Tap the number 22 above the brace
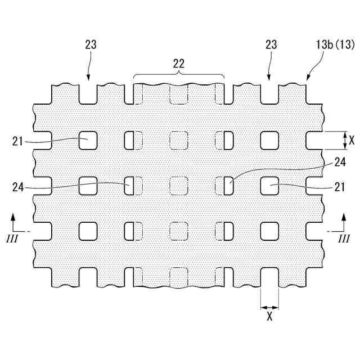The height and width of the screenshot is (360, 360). pyautogui.click(x=179, y=64)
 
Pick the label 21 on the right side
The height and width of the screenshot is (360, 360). pyautogui.click(x=340, y=187)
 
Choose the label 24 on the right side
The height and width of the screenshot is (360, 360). pyautogui.click(x=339, y=163)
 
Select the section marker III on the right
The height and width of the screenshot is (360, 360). pyautogui.click(x=344, y=239)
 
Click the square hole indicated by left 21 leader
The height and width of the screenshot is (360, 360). pyautogui.click(x=88, y=140)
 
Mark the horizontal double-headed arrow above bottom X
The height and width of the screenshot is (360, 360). pyautogui.click(x=269, y=307)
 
